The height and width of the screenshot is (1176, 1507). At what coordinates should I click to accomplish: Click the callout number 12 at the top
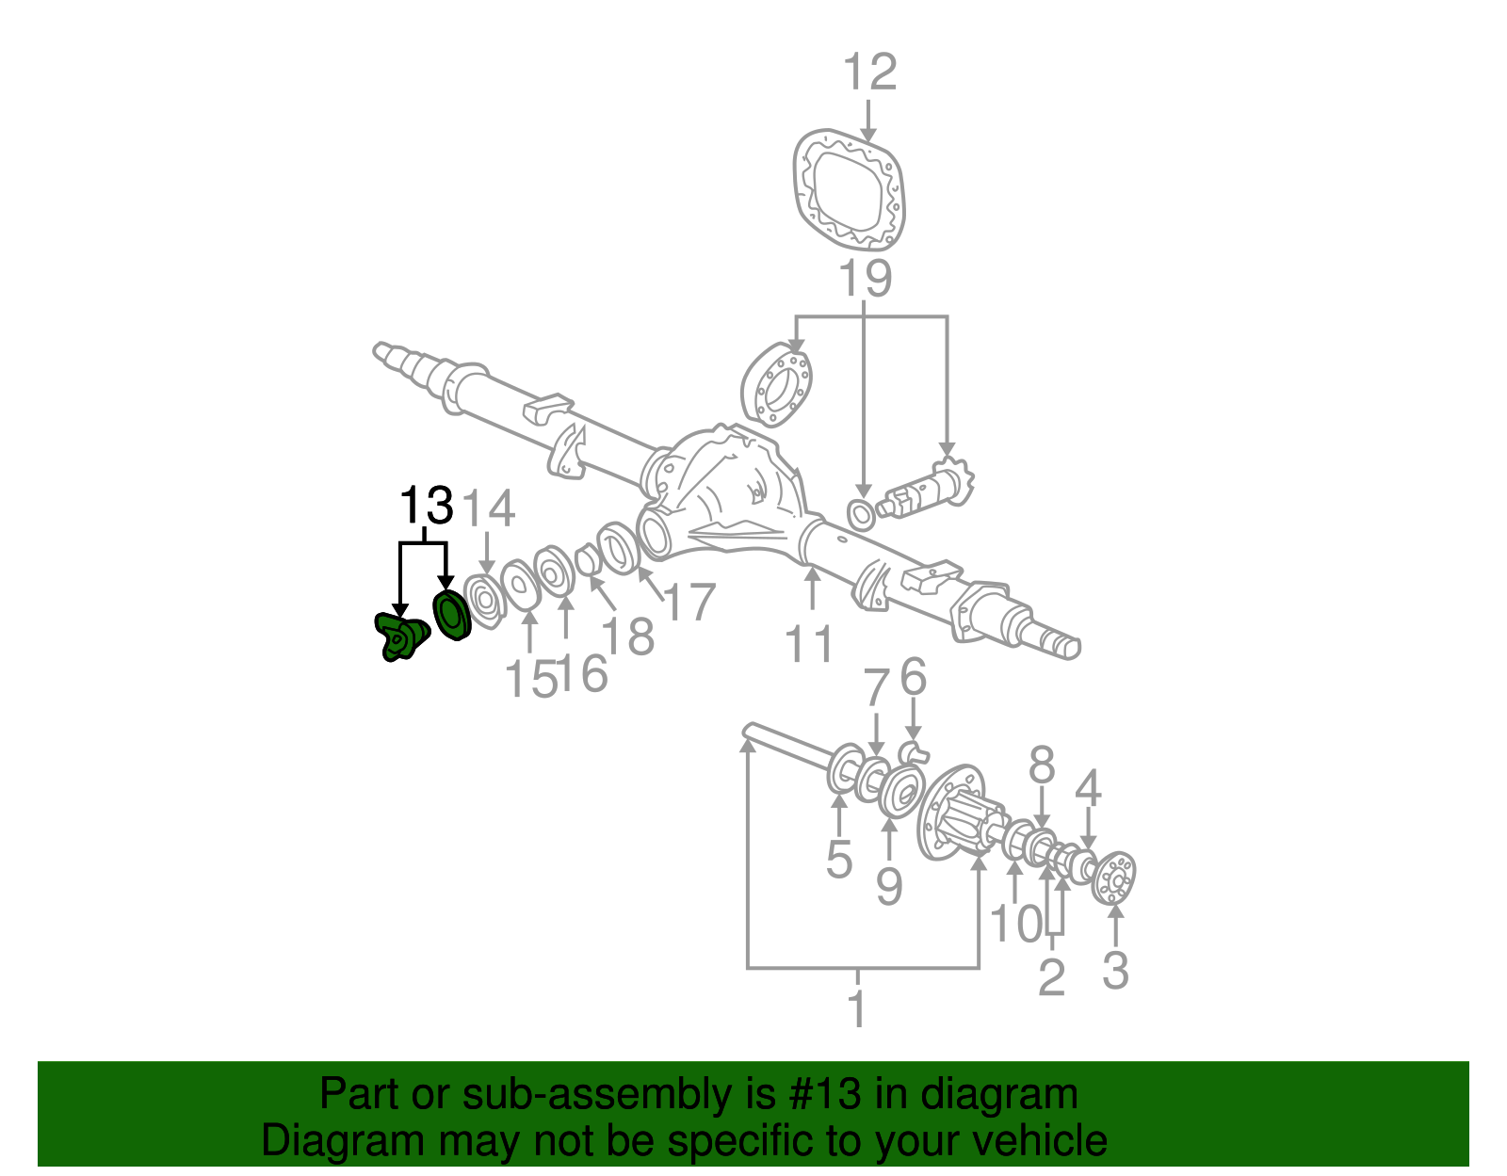[868, 73]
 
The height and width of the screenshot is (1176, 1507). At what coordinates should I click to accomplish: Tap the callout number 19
[865, 280]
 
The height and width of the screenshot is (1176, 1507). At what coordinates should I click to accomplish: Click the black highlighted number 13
[427, 507]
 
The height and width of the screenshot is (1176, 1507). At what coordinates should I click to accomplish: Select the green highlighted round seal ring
[451, 615]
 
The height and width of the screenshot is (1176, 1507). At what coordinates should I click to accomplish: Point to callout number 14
[490, 509]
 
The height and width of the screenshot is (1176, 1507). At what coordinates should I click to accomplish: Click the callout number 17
[689, 603]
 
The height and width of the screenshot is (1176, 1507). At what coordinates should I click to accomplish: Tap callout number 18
[628, 636]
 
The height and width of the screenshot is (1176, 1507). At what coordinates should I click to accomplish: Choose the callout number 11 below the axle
[810, 644]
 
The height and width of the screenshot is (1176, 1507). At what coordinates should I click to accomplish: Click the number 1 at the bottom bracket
[856, 1009]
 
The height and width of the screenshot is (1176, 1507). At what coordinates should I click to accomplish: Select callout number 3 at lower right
[1115, 971]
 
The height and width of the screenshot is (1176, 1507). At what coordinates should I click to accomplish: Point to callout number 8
[1041, 766]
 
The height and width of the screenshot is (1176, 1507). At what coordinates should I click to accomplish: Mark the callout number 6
[913, 678]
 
